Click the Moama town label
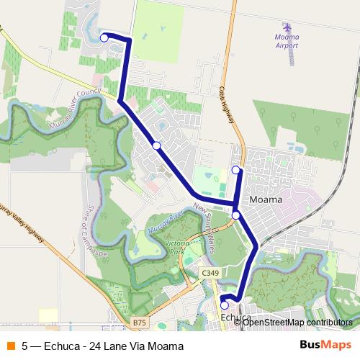tap(264, 199)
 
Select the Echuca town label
tap(236, 318)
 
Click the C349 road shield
tap(210, 273)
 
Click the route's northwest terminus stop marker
tap(104, 37)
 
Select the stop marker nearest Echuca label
tap(225, 305)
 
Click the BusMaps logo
tap(325, 345)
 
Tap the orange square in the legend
tap(11, 346)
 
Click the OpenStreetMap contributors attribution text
tap(295, 322)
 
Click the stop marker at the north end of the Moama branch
tap(235, 170)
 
